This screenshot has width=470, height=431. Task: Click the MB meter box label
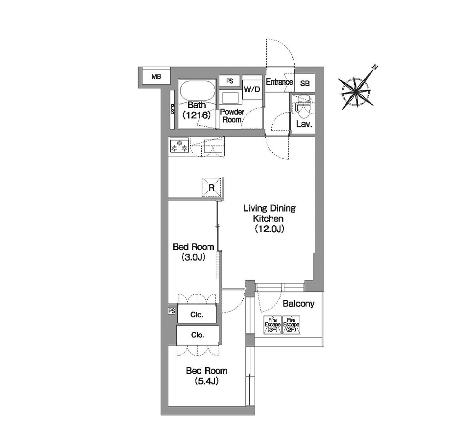tap(156, 77)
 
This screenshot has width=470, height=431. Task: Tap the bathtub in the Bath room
tap(197, 93)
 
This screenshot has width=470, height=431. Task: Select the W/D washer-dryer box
tap(252, 89)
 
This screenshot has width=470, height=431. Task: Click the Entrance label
tap(280, 82)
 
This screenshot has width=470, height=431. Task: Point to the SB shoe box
tap(305, 83)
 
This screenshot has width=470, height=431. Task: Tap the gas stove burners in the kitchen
tap(179, 145)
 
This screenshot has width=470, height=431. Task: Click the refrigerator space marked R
tap(211, 188)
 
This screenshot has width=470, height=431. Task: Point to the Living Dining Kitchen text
tap(269, 213)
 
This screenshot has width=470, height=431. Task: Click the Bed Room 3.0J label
tap(193, 252)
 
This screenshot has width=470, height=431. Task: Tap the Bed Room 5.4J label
tap(207, 376)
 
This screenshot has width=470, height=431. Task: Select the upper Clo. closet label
tap(197, 315)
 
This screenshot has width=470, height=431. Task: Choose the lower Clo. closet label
tap(197, 335)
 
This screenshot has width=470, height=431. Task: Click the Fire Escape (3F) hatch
tap(273, 325)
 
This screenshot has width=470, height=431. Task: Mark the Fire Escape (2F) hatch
tap(291, 325)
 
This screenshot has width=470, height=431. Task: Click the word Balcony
tap(299, 304)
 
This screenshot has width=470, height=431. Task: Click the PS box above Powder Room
tap(230, 81)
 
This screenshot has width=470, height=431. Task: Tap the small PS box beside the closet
tap(171, 311)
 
